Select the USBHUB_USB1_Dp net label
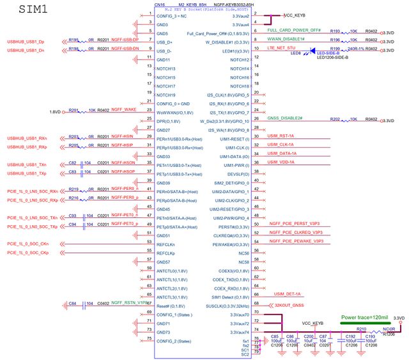(x=26, y=42)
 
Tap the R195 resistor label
(x=73, y=39)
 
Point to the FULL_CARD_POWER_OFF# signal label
(x=294, y=30)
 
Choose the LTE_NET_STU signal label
(x=281, y=47)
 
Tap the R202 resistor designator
(x=336, y=119)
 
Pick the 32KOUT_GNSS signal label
(x=289, y=306)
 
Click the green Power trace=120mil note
(x=365, y=317)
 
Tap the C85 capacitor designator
(x=275, y=336)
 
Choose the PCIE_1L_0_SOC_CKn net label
(x=27, y=244)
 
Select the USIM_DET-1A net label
(x=287, y=293)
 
